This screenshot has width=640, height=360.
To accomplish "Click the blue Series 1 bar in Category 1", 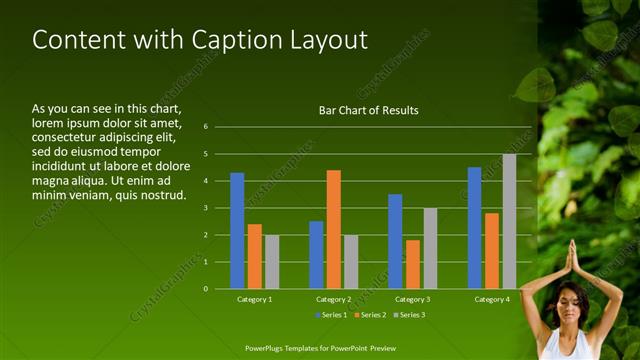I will point(237,231).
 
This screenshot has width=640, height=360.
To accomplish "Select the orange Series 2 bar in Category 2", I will point(333,229).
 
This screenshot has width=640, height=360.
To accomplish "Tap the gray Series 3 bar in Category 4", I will point(509,221).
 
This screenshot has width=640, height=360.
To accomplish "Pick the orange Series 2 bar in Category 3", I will point(413,264).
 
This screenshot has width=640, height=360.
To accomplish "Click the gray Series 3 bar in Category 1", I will point(272,262).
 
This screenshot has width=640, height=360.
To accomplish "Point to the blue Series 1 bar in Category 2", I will point(316,255).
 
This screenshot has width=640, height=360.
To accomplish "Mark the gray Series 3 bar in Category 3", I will point(430,248).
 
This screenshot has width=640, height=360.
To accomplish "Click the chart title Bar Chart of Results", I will point(368,110).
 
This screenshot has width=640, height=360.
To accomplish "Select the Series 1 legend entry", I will point(331,315).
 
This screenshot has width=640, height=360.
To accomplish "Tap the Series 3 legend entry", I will point(409,315).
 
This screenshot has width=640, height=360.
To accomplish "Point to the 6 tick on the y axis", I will point(205,127).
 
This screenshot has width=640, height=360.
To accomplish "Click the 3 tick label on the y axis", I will point(205,208).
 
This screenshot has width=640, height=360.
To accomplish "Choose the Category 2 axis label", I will point(333,299).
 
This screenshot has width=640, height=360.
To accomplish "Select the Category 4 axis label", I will point(491,299).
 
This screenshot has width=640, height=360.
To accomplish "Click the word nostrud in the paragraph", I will point(164,194).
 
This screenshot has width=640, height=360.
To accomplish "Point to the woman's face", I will point(571,302).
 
